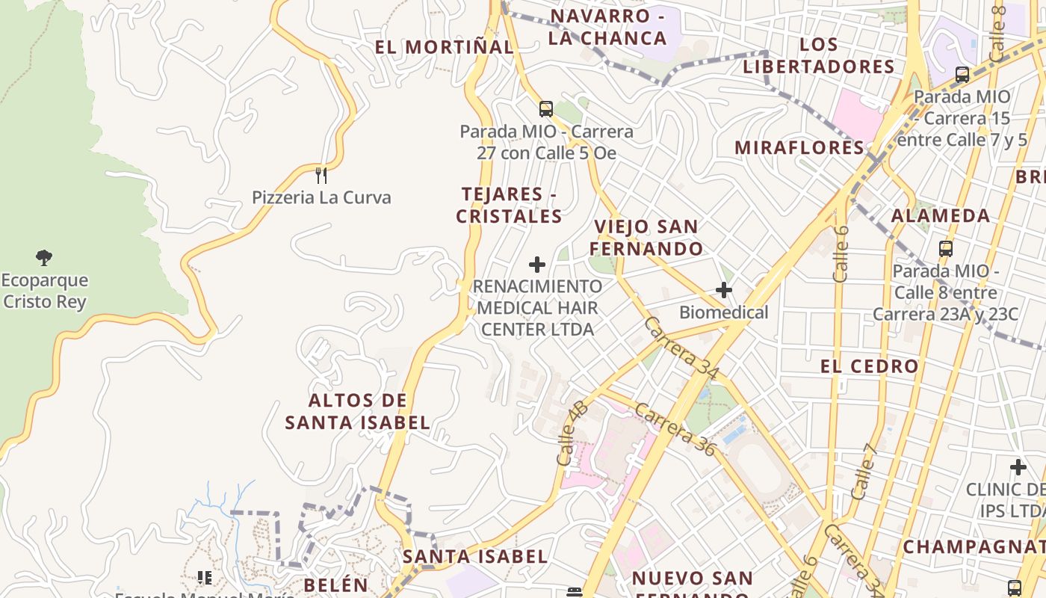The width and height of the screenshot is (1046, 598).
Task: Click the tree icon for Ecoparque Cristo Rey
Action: (x=44, y=258)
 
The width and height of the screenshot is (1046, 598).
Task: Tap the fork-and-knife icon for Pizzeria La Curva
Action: (x=321, y=176)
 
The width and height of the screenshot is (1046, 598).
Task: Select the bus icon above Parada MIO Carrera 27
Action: (x=546, y=109)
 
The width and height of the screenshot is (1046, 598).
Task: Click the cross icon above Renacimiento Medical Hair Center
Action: (x=537, y=265)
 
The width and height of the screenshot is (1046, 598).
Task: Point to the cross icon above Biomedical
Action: (x=723, y=290)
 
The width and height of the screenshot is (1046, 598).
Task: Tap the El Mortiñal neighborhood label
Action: (x=444, y=47)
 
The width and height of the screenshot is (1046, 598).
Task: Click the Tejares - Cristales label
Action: (x=509, y=206)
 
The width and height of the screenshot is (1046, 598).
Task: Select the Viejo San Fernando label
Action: (x=646, y=238)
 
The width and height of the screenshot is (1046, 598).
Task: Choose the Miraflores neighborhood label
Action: (x=799, y=147)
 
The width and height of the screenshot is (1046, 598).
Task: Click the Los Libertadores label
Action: (x=819, y=55)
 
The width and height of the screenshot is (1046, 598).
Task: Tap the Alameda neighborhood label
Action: (x=941, y=216)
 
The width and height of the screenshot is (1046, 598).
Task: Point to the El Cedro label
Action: (x=869, y=366)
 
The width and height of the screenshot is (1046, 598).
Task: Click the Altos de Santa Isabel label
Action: (x=358, y=412)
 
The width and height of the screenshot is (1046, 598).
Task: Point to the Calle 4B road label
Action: (x=572, y=434)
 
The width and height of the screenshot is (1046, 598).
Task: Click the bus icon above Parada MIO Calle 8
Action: (x=946, y=249)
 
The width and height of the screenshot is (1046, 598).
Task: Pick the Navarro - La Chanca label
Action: (x=607, y=27)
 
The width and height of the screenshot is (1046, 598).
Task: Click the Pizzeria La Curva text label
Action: (x=321, y=198)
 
